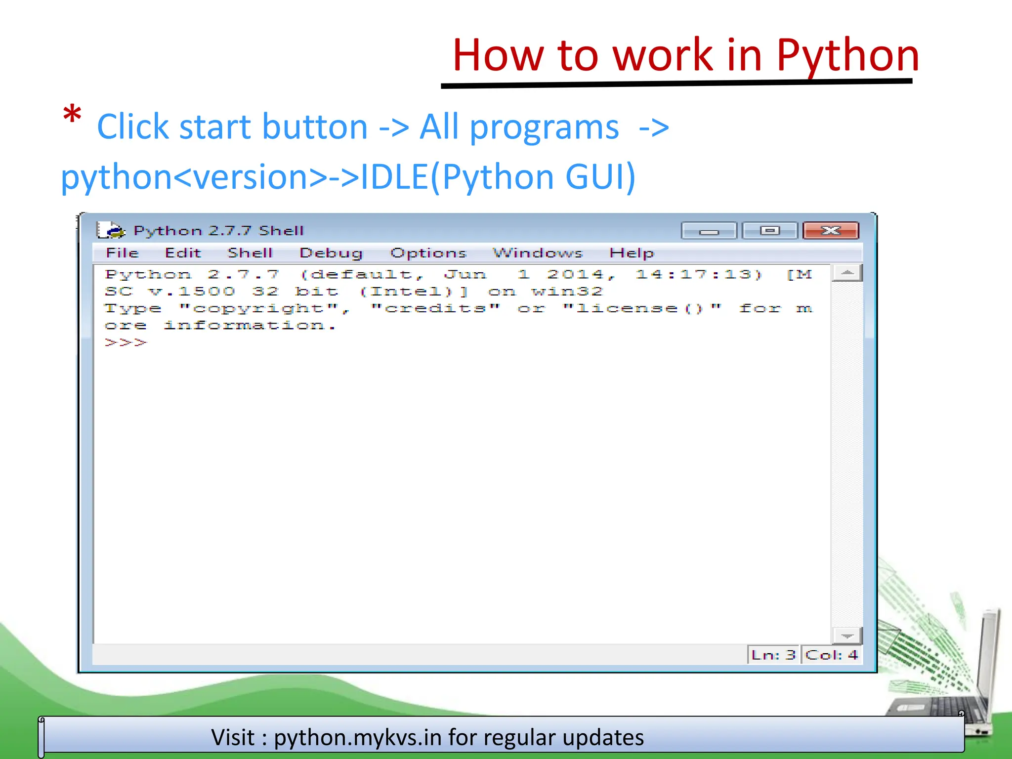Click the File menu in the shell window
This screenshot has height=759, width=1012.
coord(122,253)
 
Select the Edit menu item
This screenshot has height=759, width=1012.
coord(183,253)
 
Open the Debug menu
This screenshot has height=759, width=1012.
coord(331,253)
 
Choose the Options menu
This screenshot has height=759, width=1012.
coord(428,253)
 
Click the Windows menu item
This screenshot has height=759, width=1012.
coord(538,253)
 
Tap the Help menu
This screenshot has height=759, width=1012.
coord(631,253)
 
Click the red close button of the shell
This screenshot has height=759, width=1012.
coord(831,231)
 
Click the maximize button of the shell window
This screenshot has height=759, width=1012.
coord(769,231)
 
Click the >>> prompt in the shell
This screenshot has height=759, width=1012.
coord(126,342)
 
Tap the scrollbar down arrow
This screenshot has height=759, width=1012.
coord(847,635)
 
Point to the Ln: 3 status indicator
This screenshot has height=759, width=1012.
coord(773,655)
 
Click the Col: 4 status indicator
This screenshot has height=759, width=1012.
coord(831,655)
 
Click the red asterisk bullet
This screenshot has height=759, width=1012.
coord(72,116)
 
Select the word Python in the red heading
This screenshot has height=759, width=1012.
coord(847,55)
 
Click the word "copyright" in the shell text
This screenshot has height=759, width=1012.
coord(259,308)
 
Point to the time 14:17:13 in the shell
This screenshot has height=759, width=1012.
coord(698,274)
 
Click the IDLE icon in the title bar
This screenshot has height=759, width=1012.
coord(110,230)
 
